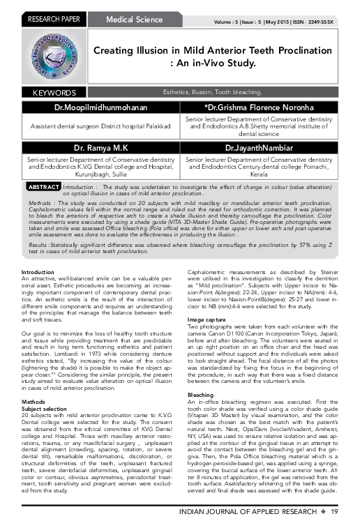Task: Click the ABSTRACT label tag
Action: tap(43, 188)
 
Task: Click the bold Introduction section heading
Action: tap(38, 252)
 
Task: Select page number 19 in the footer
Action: tap(335, 513)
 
